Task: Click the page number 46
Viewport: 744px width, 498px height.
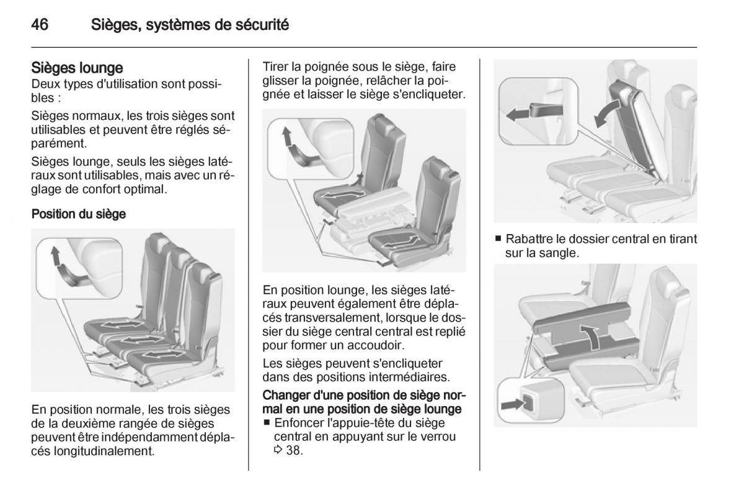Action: [40, 25]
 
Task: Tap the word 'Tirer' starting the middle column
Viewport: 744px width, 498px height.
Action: [275, 68]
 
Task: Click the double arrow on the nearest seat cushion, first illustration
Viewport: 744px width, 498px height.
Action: [164, 355]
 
